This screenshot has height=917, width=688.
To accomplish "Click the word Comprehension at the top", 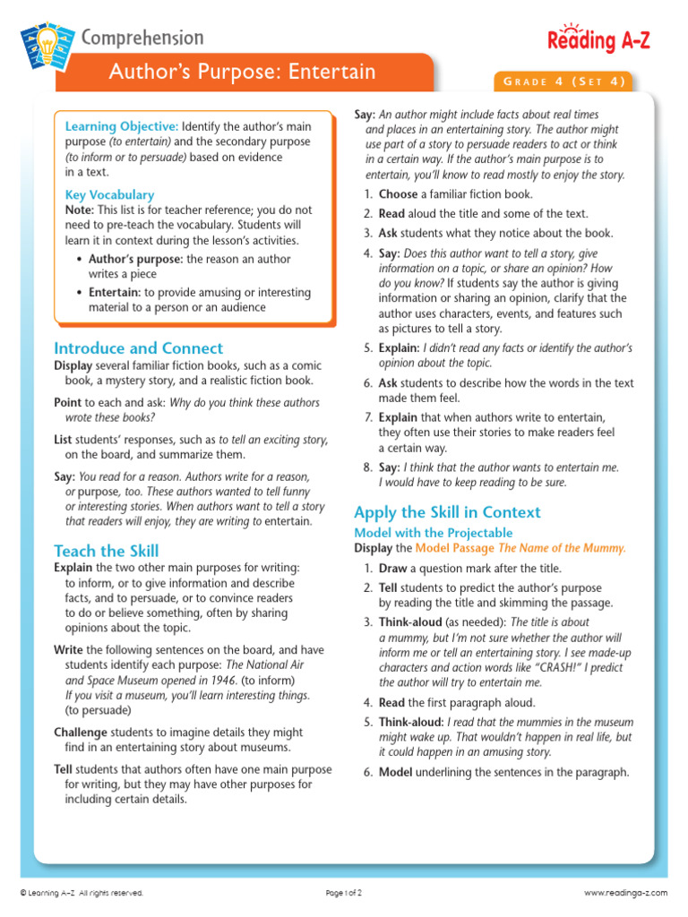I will pos(142,38).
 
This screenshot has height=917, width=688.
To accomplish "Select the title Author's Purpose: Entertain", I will pos(242,73).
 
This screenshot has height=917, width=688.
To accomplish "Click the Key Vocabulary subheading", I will pos(109,194).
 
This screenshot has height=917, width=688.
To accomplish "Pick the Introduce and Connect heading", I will pos(139,348).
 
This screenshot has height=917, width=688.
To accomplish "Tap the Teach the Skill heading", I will pos(107,551).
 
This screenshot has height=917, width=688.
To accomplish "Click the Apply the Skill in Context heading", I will pos(447,512).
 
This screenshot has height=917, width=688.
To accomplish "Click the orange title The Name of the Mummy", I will pos(562,548).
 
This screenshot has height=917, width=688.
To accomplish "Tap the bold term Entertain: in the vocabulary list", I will pos(115,293).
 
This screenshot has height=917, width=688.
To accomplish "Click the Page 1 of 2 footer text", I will pos(344,893).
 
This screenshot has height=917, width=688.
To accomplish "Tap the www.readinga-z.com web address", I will pos(626,893).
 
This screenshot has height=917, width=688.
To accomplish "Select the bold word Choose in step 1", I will pos(399,194).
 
